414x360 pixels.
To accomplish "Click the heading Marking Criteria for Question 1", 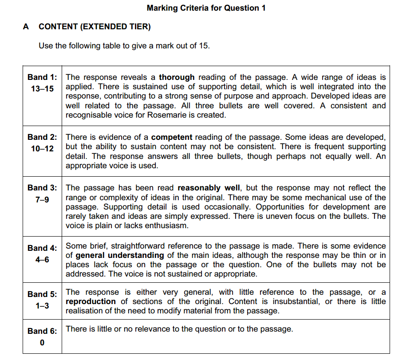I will [x=206, y=8].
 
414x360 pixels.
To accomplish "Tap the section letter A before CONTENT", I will [x=26, y=27].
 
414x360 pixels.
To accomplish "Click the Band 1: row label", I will [x=42, y=78].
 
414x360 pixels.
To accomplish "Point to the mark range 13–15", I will [x=42, y=89].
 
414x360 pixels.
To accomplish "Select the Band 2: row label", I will [x=42, y=137].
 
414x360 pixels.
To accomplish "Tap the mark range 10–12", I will [x=42, y=149].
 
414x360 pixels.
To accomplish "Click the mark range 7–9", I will [x=42, y=200].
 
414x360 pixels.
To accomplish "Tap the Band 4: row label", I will [x=42, y=248].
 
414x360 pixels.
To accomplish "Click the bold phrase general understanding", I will [x=120, y=255].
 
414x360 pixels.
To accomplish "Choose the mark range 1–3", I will [x=42, y=306].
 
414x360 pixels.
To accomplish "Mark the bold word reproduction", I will [x=91, y=301].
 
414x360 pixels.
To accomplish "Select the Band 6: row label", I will [x=42, y=331].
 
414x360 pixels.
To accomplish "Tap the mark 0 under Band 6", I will [x=42, y=343].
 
